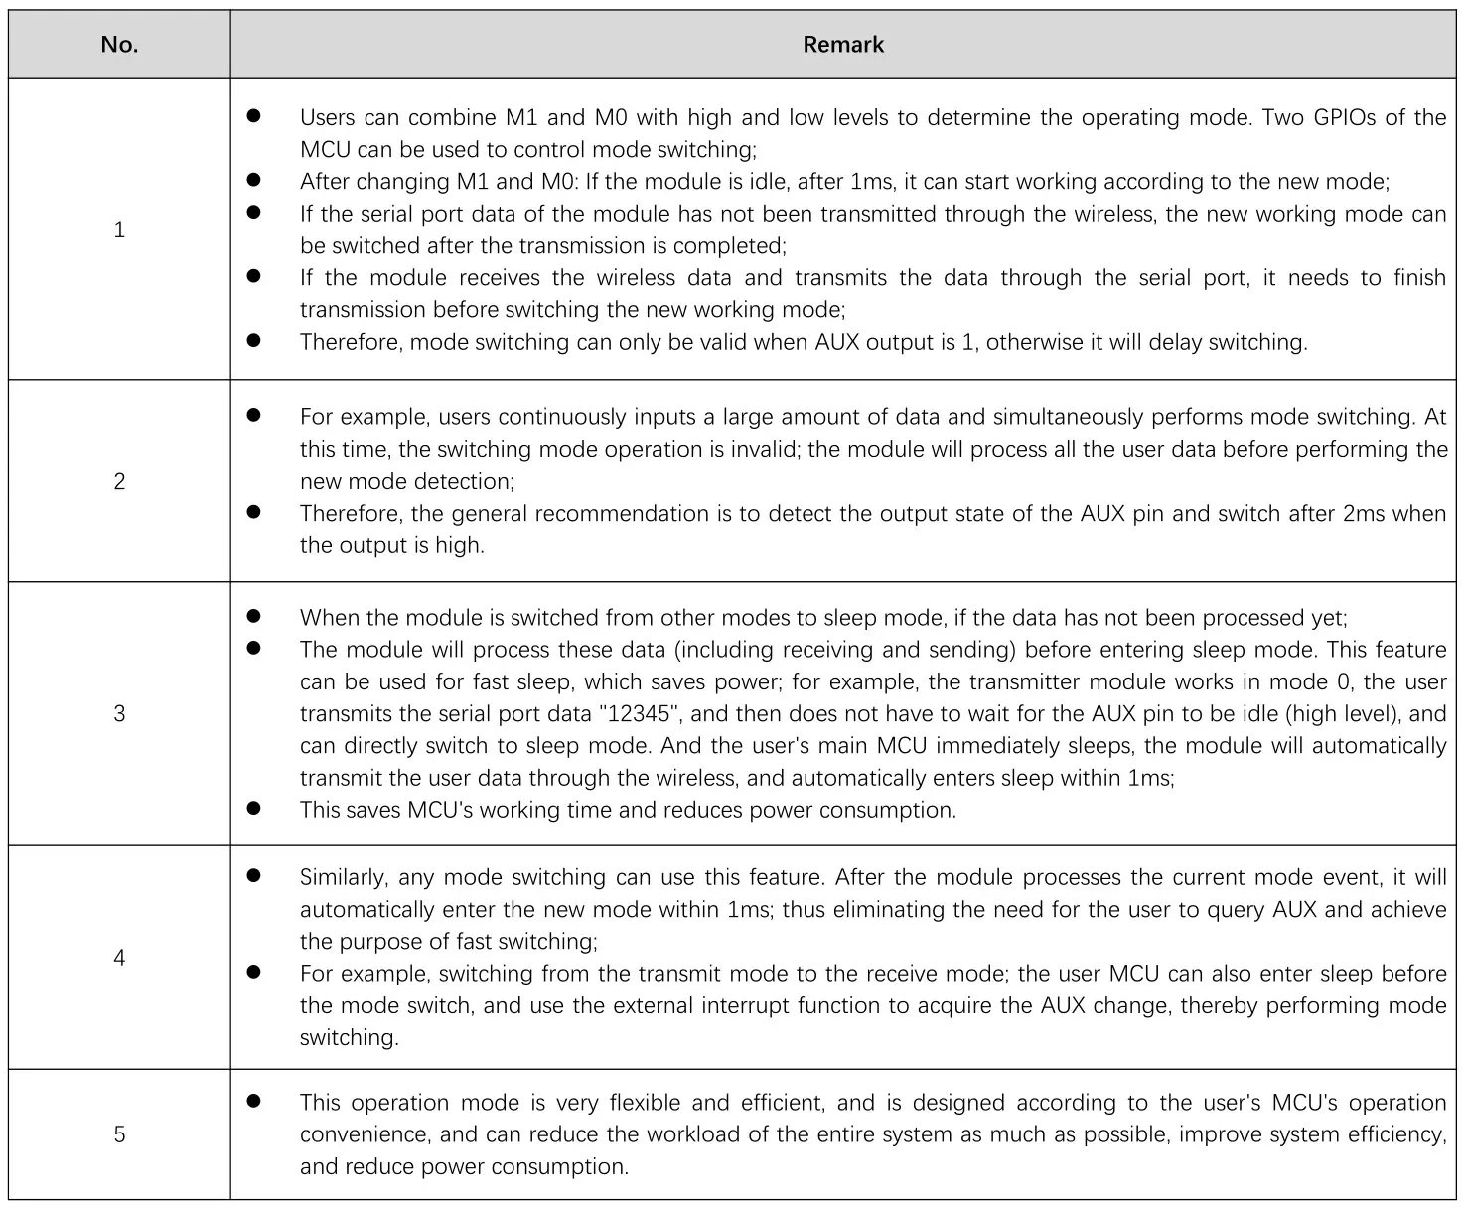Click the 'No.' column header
[x=119, y=45]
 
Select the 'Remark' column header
[x=843, y=45]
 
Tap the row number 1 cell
[x=119, y=229]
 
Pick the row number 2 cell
[x=119, y=481]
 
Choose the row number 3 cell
[x=119, y=713]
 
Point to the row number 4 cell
[x=119, y=958]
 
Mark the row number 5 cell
[x=119, y=1133]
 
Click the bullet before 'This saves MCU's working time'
[x=253, y=809]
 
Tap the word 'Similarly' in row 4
[x=342, y=877]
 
